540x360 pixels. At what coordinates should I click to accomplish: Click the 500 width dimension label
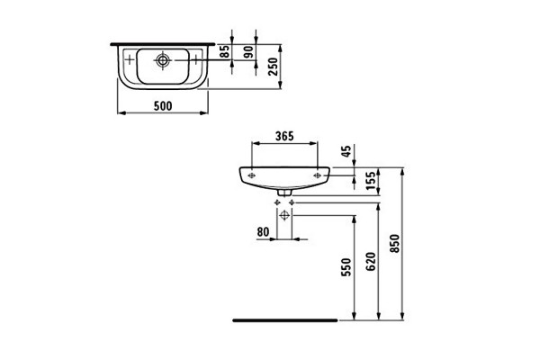point(163,106)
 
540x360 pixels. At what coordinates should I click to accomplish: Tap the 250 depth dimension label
point(273,67)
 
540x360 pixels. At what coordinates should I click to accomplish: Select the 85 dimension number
point(224,51)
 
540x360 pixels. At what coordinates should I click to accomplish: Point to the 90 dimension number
point(248,51)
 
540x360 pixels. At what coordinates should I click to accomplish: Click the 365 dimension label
point(284,136)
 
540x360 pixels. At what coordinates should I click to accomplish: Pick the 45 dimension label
point(346,151)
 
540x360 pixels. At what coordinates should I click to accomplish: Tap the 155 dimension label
point(371,181)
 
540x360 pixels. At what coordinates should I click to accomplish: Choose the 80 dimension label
point(263,232)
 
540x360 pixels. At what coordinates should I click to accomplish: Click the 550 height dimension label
point(346,267)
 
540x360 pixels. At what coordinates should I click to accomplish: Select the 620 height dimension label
point(371,261)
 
